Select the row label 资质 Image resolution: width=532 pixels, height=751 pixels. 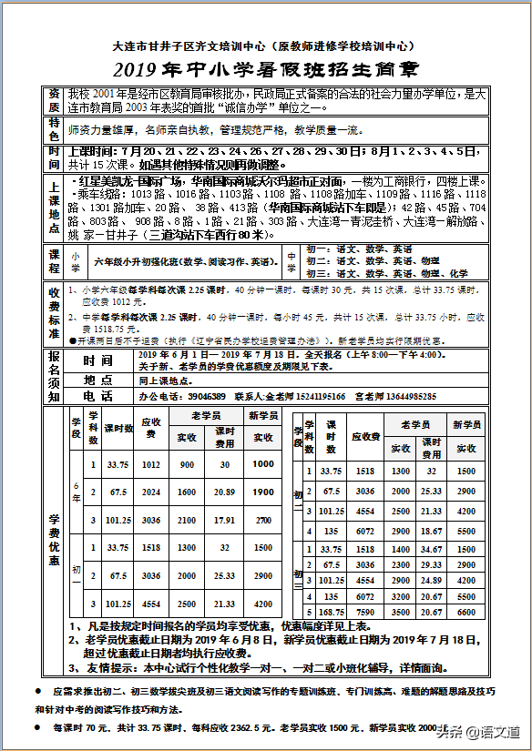(55, 100)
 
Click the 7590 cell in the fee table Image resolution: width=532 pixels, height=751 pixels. (364, 613)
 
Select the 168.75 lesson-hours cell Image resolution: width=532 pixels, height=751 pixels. (329, 613)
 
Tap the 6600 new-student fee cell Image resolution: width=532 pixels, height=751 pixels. (465, 613)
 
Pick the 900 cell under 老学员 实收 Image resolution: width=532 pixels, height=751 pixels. (186, 464)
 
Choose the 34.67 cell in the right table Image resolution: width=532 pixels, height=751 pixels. (432, 550)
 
